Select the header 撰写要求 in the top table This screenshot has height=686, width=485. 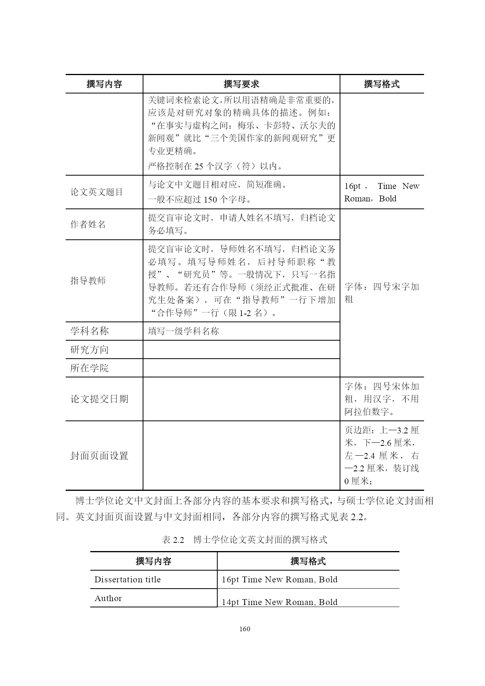point(241,84)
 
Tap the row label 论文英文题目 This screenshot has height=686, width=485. point(97,192)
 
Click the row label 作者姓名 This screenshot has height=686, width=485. point(88,224)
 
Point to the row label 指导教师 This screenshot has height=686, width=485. point(88,280)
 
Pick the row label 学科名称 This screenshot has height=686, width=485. point(89,331)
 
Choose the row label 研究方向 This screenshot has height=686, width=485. point(89,350)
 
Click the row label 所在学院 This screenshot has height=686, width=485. point(89,368)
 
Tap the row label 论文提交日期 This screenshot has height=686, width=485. point(99,399)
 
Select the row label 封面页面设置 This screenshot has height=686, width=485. point(99,456)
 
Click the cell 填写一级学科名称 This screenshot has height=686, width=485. point(183,331)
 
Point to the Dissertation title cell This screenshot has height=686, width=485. point(127,580)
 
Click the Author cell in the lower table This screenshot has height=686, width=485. point(108,598)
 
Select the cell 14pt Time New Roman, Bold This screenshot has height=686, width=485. point(279,602)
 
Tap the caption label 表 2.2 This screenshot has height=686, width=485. point(173,540)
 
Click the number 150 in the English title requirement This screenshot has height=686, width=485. point(210,199)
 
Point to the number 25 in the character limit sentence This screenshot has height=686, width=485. point(199,166)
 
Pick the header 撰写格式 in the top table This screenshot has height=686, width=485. point(381,84)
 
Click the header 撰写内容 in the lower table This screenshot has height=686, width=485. point(153,561)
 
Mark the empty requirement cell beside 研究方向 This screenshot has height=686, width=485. point(241,350)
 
